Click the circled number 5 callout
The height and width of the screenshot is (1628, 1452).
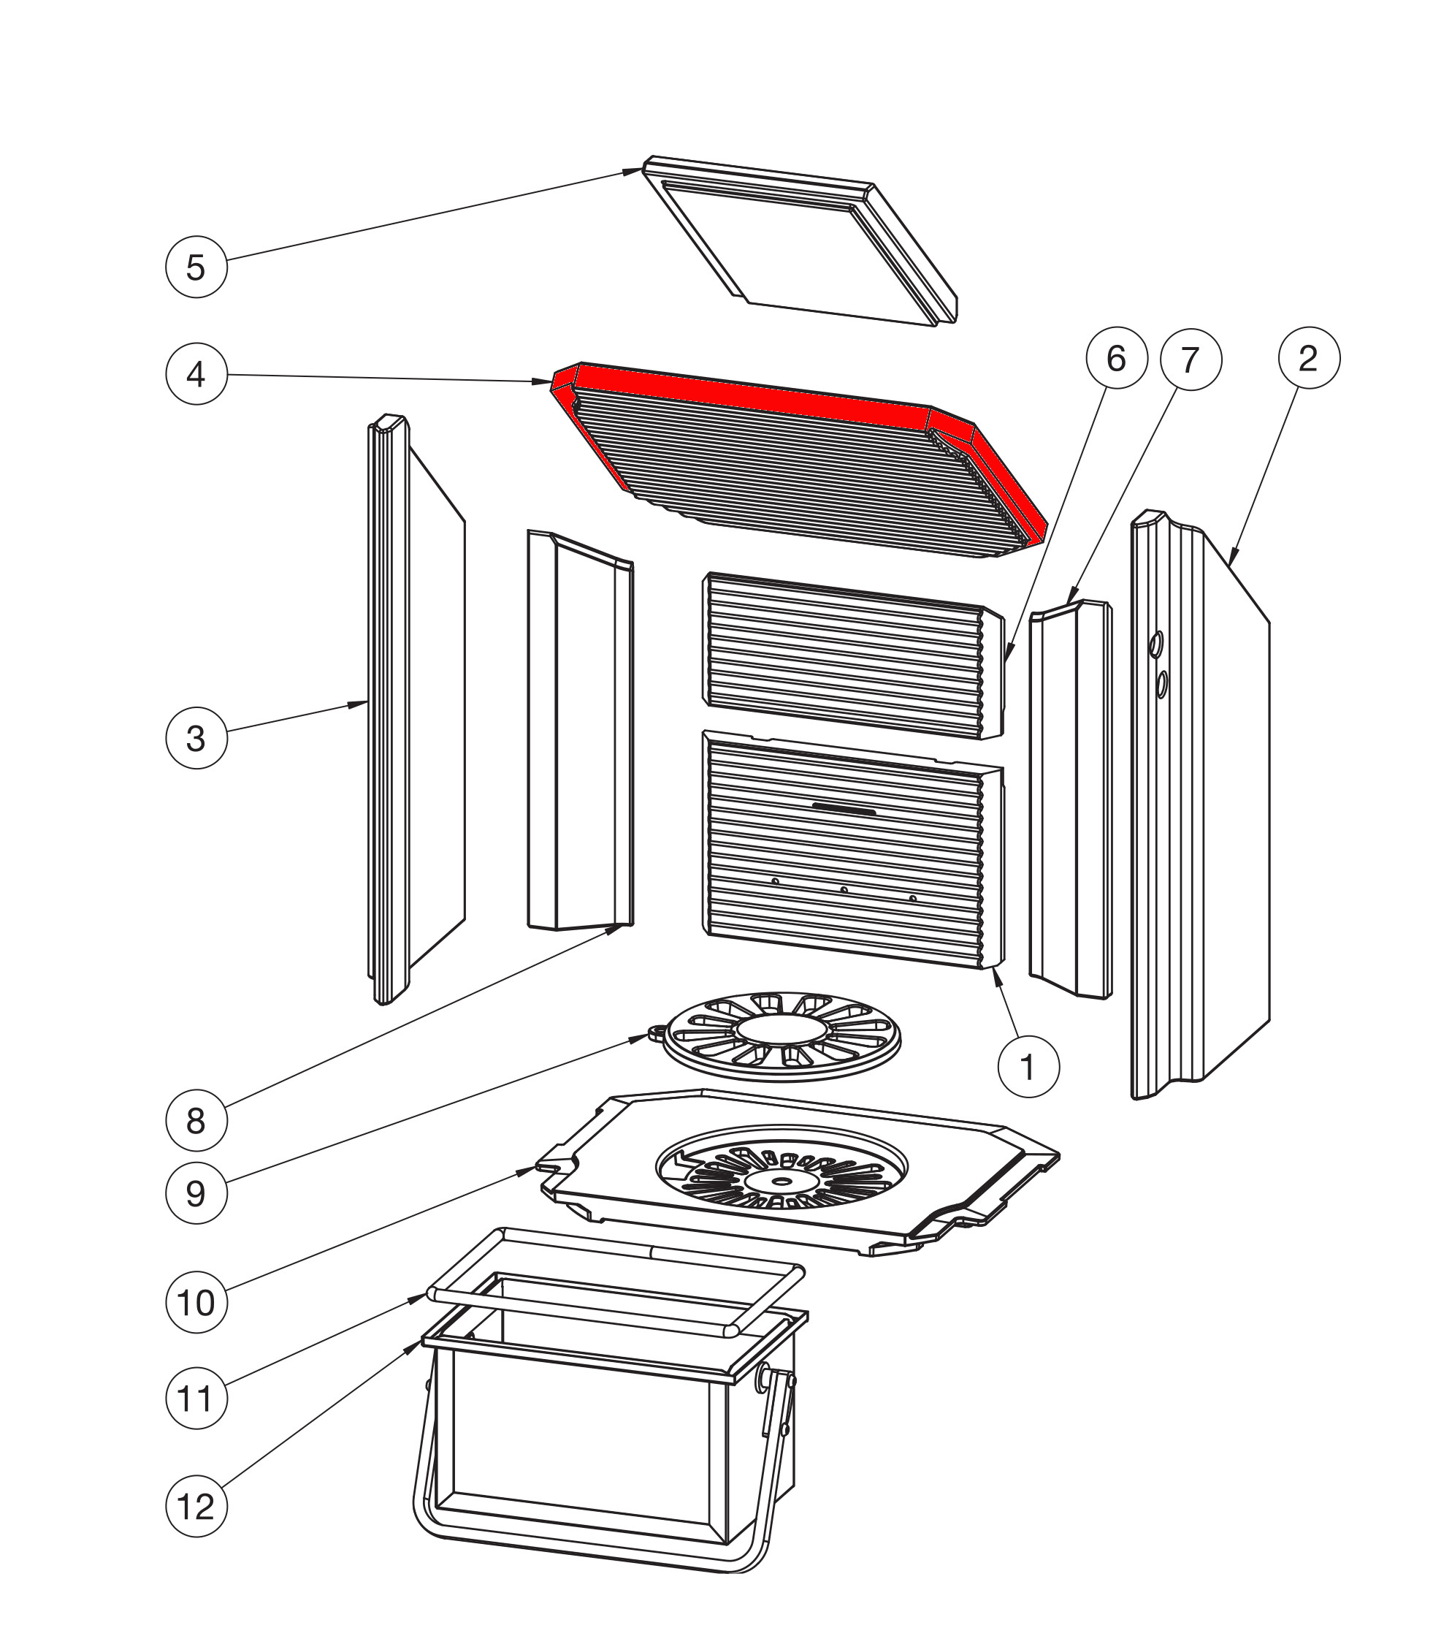coord(196,267)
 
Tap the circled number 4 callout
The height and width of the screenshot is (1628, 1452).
coord(196,373)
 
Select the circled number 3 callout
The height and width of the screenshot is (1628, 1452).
coord(196,738)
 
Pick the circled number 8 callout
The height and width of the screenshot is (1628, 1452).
coord(196,1119)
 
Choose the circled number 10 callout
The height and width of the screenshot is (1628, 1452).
coord(196,1302)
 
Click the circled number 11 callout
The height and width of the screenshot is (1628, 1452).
coord(196,1398)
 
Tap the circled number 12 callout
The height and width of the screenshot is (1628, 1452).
coord(196,1507)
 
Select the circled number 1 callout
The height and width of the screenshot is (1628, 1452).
coord(1028,1066)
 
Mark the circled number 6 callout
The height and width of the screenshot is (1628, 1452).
coord(1116,358)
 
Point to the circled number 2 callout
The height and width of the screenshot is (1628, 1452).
coord(1308,358)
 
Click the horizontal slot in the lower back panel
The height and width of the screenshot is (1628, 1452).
coord(844,809)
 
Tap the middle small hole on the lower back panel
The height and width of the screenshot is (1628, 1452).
coord(844,889)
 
